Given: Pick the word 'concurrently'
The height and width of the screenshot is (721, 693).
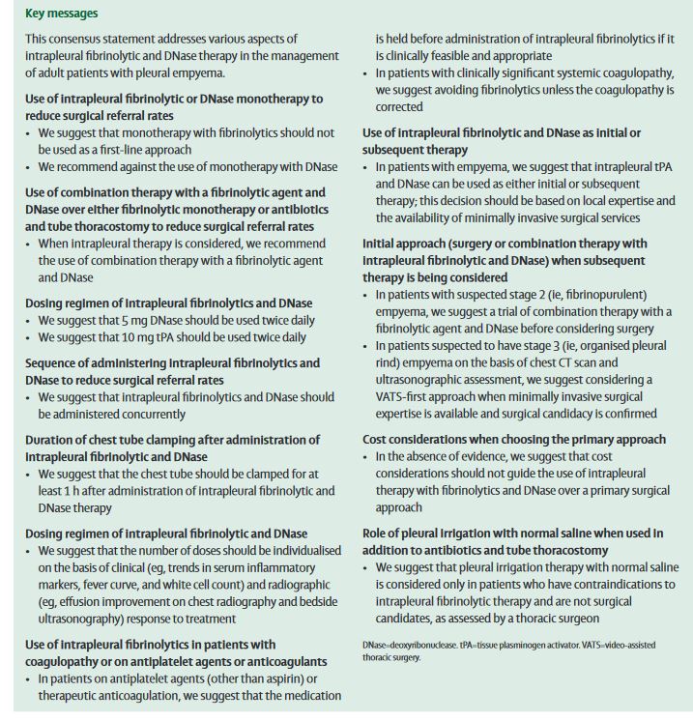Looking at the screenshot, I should pos(145,414).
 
